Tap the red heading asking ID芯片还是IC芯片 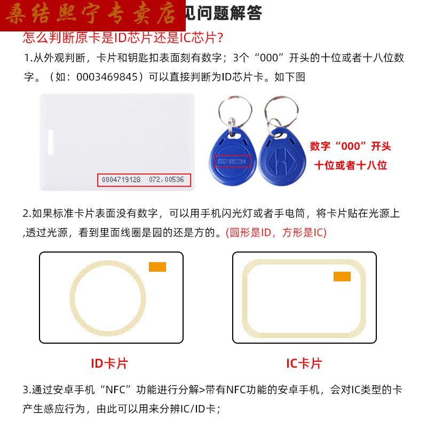[123, 38]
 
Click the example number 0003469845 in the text [109, 77]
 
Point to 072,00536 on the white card [167, 180]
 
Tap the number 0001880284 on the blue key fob [233, 160]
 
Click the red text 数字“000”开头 [350, 146]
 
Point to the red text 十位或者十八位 [350, 165]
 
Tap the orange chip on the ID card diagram [157, 266]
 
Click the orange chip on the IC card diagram [342, 276]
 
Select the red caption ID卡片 [109, 363]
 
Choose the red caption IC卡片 [304, 363]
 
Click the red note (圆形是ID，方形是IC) [276, 232]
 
